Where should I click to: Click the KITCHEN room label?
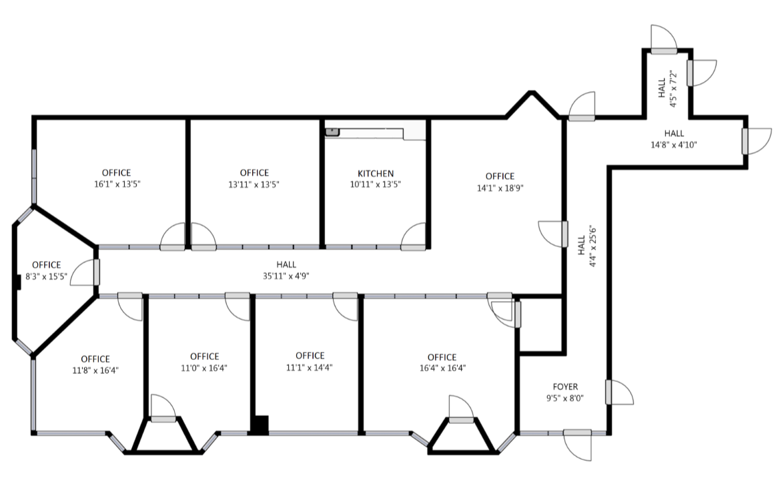click(x=375, y=174)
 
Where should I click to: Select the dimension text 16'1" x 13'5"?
click(x=116, y=184)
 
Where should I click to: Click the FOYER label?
click(x=565, y=387)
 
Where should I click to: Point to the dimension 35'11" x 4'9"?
click(x=286, y=276)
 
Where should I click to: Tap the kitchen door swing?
click(x=414, y=235)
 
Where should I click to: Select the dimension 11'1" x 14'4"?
click(x=310, y=367)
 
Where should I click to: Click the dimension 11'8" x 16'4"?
click(x=95, y=370)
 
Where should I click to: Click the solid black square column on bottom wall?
click(x=260, y=425)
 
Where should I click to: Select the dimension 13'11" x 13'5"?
click(x=254, y=184)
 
